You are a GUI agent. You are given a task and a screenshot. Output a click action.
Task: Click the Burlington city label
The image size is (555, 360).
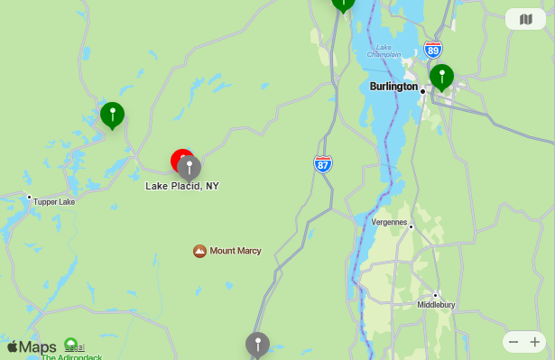(x=393, y=87)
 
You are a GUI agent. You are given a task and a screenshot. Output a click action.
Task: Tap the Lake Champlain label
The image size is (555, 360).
(x=384, y=51)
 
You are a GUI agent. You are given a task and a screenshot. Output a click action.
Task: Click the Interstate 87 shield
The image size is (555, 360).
(x=323, y=163)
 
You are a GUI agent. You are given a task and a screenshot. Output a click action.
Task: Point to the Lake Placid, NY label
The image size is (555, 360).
(x=182, y=186)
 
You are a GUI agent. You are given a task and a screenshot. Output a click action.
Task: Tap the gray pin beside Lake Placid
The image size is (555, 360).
(x=190, y=167)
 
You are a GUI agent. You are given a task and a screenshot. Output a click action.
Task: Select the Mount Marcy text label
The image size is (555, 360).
(x=236, y=250)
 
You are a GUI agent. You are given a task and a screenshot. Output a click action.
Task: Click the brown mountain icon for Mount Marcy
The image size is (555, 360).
(x=200, y=250)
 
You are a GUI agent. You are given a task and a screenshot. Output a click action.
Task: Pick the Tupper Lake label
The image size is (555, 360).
(x=54, y=201)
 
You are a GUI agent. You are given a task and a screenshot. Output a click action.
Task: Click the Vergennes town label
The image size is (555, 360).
(x=390, y=222)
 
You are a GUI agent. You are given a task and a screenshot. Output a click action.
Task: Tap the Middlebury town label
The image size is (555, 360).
(x=436, y=305)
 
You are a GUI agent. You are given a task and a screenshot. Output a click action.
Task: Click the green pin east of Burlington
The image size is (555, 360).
(x=441, y=77)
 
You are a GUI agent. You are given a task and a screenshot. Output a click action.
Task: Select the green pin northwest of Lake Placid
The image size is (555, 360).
(x=112, y=115)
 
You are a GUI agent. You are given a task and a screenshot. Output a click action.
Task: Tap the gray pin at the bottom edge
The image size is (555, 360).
(x=257, y=344)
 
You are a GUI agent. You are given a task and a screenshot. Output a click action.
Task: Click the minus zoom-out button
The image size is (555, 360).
(x=513, y=342)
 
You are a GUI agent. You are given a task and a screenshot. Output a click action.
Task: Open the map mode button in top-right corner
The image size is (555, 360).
(x=525, y=19)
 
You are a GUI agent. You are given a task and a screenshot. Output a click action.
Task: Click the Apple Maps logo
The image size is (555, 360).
(x=32, y=347)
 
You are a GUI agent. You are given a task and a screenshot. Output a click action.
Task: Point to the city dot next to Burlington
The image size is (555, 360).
(x=422, y=89)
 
